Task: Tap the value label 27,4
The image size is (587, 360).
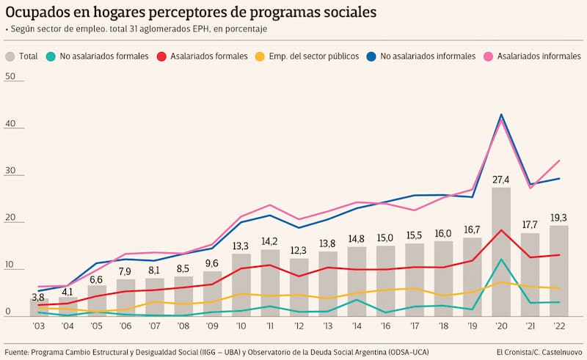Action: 501,180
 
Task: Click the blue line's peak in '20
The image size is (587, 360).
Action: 501,114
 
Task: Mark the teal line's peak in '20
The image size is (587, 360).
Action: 501,259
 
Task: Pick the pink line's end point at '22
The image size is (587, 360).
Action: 560,161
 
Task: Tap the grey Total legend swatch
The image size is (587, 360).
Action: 10,56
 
